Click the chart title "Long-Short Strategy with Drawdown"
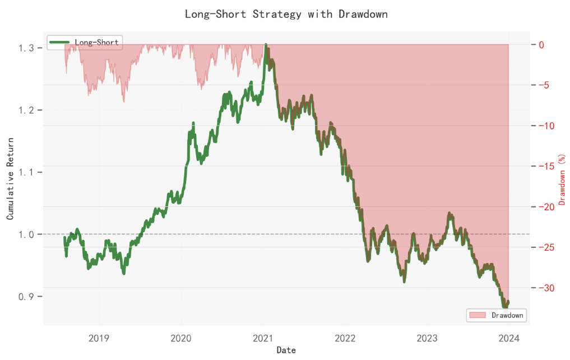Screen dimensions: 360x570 point(286,14)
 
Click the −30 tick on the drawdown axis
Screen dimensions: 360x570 point(546,288)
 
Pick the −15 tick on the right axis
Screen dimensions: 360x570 point(546,166)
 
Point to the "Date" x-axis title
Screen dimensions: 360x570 point(286,350)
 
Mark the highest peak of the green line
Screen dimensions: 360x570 point(266,44)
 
